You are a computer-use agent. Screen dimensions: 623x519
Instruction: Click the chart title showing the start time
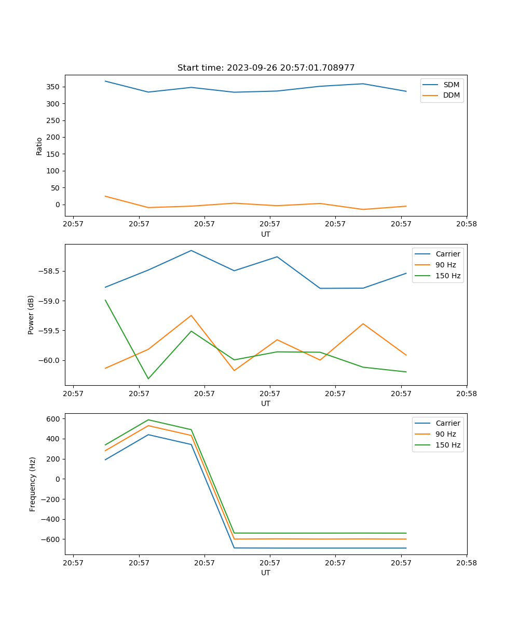pos(266,68)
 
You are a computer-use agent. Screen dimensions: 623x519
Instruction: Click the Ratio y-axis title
pos(39,146)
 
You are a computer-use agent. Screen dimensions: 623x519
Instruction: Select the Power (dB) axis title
pos(32,315)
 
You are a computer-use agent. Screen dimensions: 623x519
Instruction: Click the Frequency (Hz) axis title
pos(33,484)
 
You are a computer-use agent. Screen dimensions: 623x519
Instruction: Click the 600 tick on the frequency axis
pos(54,418)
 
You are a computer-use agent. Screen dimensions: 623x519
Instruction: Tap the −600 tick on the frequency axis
pos(51,539)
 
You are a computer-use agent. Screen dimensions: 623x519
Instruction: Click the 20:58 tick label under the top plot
pos(466,224)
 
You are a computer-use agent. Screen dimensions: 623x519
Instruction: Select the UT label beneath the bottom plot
pos(266,573)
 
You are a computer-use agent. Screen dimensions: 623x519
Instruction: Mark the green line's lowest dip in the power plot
pos(148,378)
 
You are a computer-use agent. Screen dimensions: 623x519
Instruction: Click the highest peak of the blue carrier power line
pos(191,250)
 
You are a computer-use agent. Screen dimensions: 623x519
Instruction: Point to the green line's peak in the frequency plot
pos(148,419)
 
